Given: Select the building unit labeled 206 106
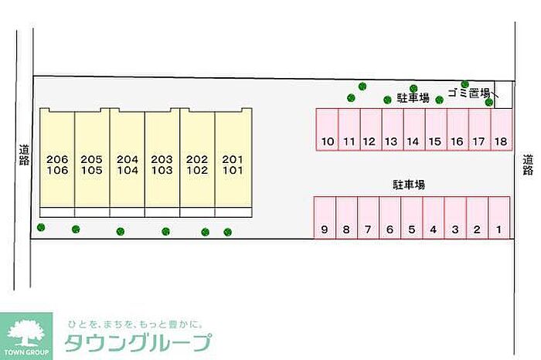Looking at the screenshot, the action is point(57,164).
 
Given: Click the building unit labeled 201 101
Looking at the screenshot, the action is point(233,164).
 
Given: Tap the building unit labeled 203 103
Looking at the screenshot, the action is point(162,164).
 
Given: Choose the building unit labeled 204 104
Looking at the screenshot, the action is point(128,164).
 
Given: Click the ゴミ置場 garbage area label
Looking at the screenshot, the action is point(468,93).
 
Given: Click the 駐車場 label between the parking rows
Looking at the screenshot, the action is point(409,185).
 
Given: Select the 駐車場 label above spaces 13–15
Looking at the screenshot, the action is point(413,98).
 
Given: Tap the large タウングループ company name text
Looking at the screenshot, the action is point(139,342).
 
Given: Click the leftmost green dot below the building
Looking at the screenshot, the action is point(41,227).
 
